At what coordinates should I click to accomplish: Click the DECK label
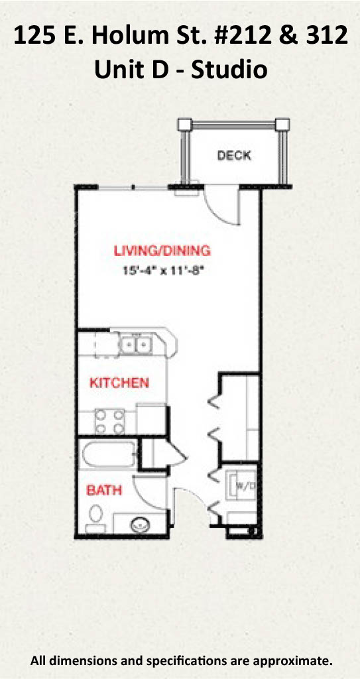click(234, 155)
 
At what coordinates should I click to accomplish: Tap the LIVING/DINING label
click(162, 250)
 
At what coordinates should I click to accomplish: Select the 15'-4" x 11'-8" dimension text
click(164, 271)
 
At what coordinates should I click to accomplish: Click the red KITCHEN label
click(119, 383)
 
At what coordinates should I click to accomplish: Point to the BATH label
click(104, 490)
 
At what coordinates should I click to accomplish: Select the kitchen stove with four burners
click(109, 421)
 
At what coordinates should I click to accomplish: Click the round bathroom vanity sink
click(140, 525)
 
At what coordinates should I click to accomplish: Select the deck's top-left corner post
click(185, 124)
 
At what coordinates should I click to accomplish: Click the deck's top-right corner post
click(282, 124)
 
